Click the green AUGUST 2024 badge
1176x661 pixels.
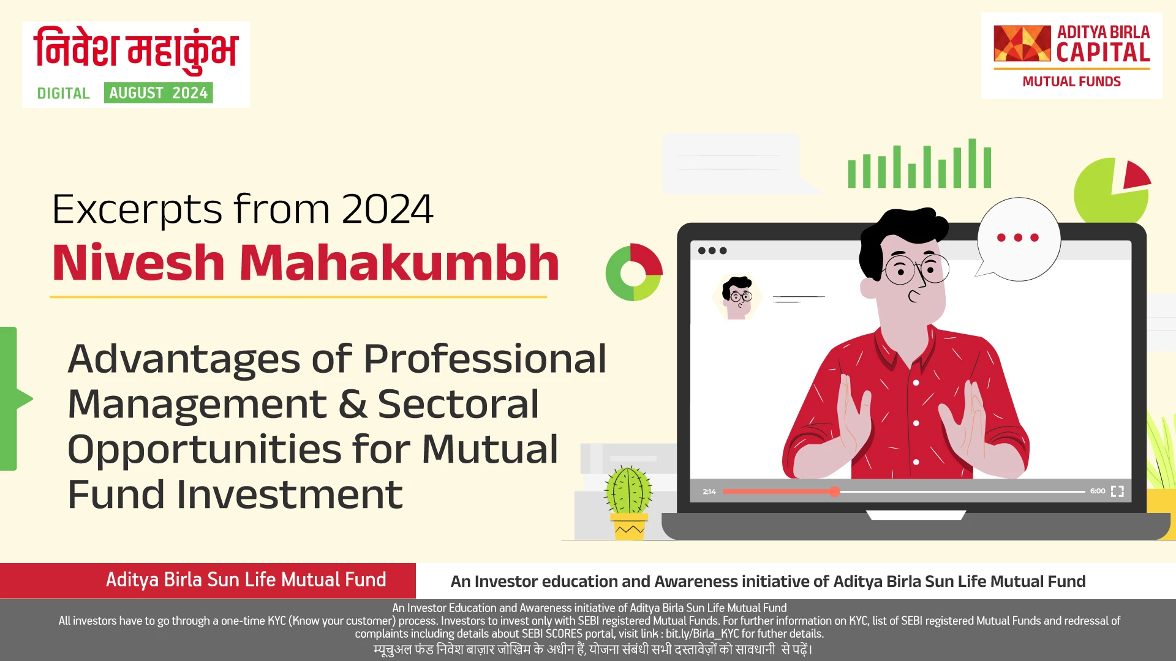(158, 93)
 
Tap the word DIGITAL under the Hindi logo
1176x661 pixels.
(63, 94)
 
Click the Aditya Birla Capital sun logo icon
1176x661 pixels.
(1022, 43)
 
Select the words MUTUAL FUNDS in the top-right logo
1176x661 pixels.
(1071, 82)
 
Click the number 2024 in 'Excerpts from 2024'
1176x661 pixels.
(387, 209)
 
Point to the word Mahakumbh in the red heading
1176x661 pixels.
(399, 263)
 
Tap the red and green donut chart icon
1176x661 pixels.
(633, 272)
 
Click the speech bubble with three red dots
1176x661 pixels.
(1018, 238)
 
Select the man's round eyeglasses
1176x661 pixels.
(916, 269)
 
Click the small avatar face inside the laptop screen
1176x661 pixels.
(737, 297)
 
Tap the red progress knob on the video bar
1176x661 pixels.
(834, 491)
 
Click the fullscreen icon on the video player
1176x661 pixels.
(1117, 491)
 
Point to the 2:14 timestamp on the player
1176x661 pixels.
(709, 491)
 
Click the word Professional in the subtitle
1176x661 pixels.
(484, 359)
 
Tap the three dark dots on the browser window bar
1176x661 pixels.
(712, 251)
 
